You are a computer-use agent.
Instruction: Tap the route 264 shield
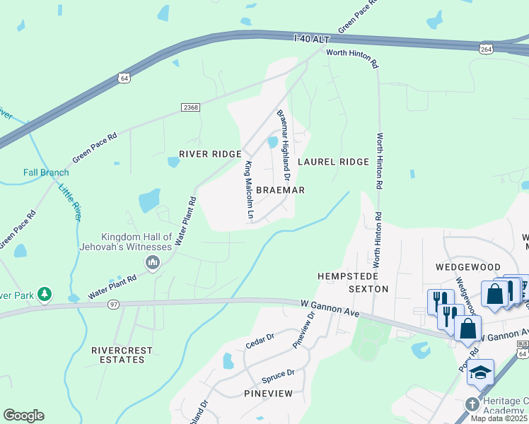pyautogui.click(x=485, y=49)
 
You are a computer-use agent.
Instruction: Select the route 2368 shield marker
pyautogui.click(x=190, y=107)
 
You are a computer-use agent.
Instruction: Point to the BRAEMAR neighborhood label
pyautogui.click(x=280, y=191)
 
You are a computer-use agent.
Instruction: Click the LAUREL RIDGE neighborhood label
pyautogui.click(x=333, y=162)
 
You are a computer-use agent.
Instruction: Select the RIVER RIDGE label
pyautogui.click(x=210, y=154)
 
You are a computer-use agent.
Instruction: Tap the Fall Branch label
pyautogui.click(x=46, y=172)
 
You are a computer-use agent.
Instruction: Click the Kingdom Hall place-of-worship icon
pyautogui.click(x=152, y=264)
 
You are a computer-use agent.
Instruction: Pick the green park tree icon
pyautogui.click(x=45, y=293)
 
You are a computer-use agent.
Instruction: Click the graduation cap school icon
pyautogui.click(x=481, y=371)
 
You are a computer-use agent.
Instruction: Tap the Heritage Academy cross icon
pyautogui.click(x=472, y=405)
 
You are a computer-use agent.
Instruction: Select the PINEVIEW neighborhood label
pyautogui.click(x=268, y=393)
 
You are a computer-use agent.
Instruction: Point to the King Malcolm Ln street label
pyautogui.click(x=248, y=189)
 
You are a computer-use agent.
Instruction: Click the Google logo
pyautogui.click(x=23, y=416)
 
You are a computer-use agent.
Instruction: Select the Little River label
pyautogui.click(x=70, y=201)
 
